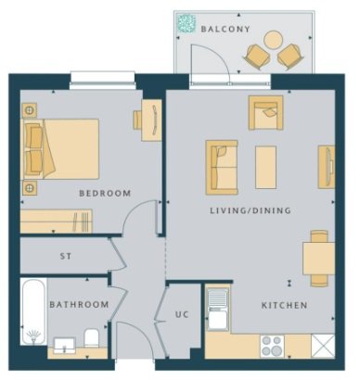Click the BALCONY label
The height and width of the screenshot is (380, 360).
[225, 29]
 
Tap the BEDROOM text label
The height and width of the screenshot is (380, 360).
[105, 194]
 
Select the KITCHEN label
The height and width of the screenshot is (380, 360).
[285, 305]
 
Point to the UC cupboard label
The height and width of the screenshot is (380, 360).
[182, 314]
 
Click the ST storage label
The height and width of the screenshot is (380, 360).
[66, 256]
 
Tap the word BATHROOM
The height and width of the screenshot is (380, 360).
[79, 305]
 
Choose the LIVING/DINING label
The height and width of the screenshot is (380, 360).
[251, 210]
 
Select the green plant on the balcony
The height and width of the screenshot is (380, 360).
[186, 23]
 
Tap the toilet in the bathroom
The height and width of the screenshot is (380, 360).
[92, 337]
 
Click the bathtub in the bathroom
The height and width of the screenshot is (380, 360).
[34, 311]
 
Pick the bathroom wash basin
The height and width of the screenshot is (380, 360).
[64, 346]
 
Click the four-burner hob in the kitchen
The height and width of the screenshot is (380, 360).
[273, 346]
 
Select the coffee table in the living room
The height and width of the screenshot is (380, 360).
[265, 167]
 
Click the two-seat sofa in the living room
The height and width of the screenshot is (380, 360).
[222, 168]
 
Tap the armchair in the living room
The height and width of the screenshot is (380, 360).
[265, 113]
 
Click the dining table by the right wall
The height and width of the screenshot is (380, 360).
[319, 259]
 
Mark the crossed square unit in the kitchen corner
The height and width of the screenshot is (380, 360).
[323, 346]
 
